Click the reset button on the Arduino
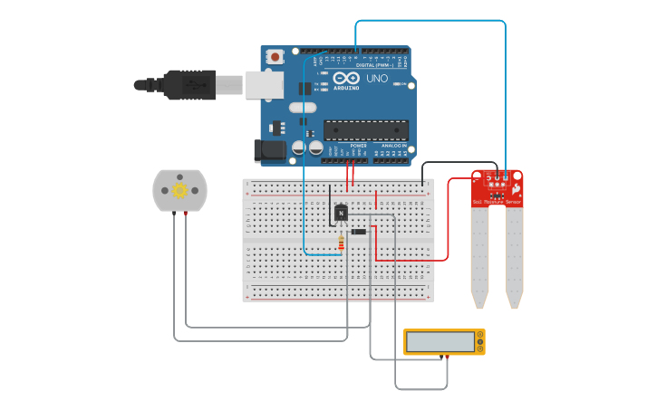click(275, 57)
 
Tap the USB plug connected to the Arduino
click(186, 84)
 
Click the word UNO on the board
click(377, 79)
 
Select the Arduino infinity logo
click(347, 79)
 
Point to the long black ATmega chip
click(366, 130)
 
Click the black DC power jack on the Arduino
click(271, 150)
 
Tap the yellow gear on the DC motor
click(179, 190)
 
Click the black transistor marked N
click(341, 213)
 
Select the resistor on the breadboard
click(341, 243)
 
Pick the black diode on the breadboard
click(359, 232)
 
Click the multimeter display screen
click(440, 342)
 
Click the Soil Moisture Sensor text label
click(497, 202)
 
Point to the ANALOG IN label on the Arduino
click(393, 146)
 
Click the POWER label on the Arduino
click(359, 146)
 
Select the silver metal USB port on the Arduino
click(264, 84)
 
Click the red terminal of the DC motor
click(186, 213)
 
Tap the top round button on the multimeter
click(479, 335)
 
